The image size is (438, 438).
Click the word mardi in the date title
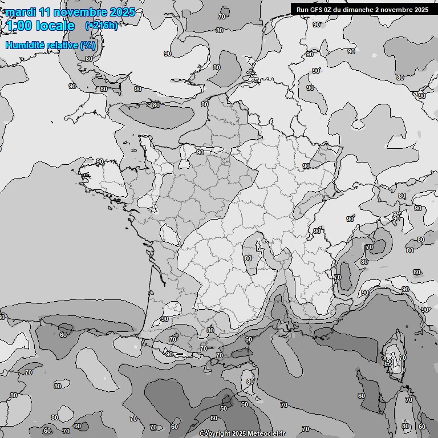(x=21, y=12)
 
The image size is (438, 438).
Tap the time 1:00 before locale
(x=19, y=26)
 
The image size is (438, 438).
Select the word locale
(x=56, y=26)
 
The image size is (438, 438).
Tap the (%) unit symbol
(x=88, y=45)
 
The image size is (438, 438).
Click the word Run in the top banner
(x=303, y=9)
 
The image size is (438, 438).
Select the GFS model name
(x=318, y=9)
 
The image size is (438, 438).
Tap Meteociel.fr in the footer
(x=267, y=434)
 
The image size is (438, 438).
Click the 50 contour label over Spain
(x=224, y=408)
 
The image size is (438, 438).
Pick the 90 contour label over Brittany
(x=100, y=162)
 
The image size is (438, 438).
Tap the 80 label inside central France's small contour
(x=248, y=258)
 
